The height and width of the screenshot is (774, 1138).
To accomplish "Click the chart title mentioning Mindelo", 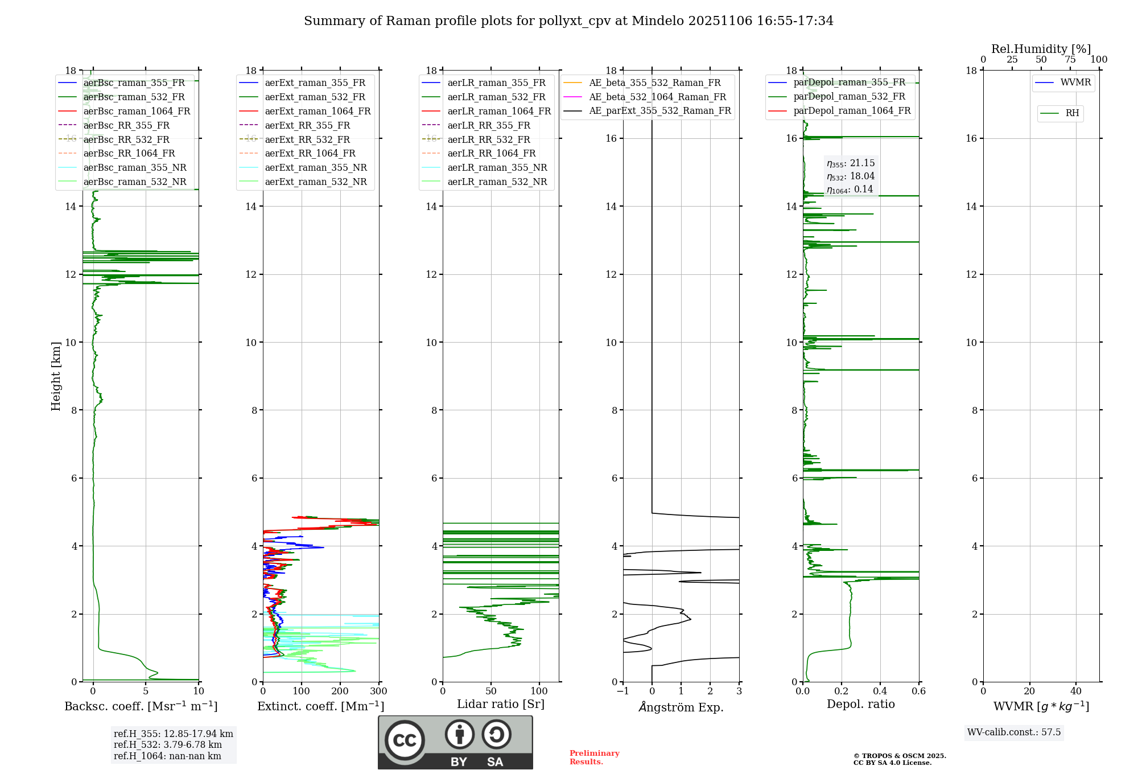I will [568, 21].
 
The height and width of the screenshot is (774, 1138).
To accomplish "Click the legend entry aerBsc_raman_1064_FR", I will [137, 111].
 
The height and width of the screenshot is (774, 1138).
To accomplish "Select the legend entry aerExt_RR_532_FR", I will [307, 139].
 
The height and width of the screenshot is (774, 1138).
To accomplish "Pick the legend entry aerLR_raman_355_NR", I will [497, 167].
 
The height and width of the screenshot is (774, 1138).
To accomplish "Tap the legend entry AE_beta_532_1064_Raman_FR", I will [657, 97].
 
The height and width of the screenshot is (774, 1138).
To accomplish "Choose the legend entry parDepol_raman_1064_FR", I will [852, 110].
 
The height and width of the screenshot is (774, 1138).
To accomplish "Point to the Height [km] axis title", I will [56, 376].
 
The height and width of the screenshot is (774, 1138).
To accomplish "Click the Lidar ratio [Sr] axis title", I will [501, 704].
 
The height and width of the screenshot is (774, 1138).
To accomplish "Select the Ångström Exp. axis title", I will [681, 707].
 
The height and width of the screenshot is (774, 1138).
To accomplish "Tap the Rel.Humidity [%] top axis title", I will [1041, 49].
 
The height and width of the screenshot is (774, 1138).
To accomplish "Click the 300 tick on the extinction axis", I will [378, 691].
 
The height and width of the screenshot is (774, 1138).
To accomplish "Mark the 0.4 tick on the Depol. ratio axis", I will [880, 691].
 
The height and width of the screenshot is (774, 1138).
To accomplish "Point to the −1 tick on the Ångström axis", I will [623, 691].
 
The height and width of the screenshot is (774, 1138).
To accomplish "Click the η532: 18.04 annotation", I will [851, 176].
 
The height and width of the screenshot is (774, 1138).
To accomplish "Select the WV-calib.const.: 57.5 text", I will [1014, 732].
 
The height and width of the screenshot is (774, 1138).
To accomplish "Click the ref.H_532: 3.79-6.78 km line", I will [168, 744].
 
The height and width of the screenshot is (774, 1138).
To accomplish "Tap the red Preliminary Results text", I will [594, 757].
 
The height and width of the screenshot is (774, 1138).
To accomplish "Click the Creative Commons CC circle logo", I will [405, 740].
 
